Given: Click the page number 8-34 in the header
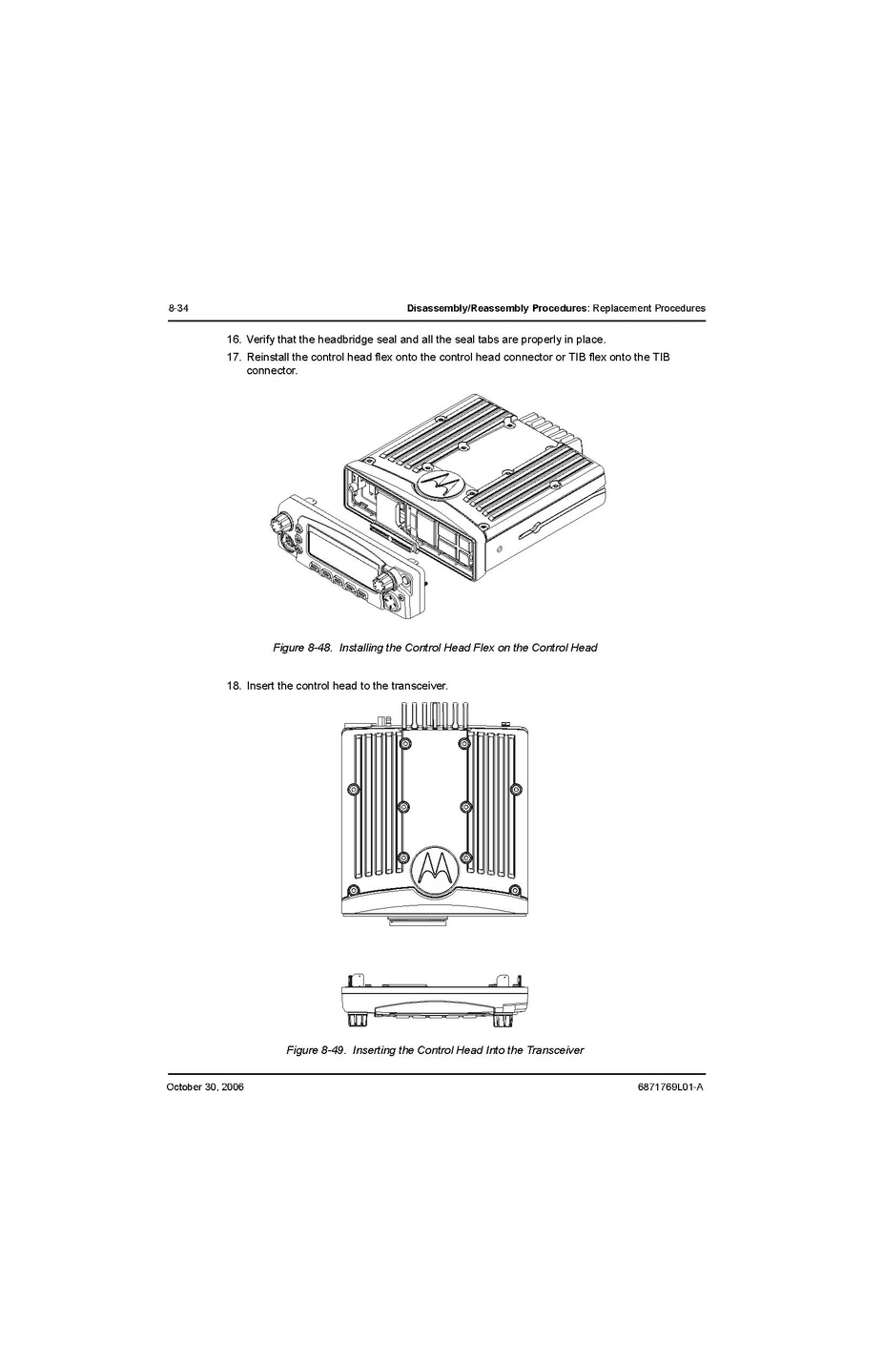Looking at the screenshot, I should tap(178, 309).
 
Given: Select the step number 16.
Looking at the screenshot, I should tap(234, 340).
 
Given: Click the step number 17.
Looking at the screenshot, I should tap(234, 358).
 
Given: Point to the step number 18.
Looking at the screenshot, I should tap(234, 686).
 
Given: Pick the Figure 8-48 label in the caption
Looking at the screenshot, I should tap(302, 649).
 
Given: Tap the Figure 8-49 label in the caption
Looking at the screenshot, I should tap(316, 1050).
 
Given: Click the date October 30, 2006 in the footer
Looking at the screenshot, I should tap(205, 1087).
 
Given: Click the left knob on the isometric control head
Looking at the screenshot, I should tap(281, 524).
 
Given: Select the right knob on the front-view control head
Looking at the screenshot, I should tap(505, 1019).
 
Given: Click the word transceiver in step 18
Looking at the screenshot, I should tap(419, 686).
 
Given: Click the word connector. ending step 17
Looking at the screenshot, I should tap(272, 371).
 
